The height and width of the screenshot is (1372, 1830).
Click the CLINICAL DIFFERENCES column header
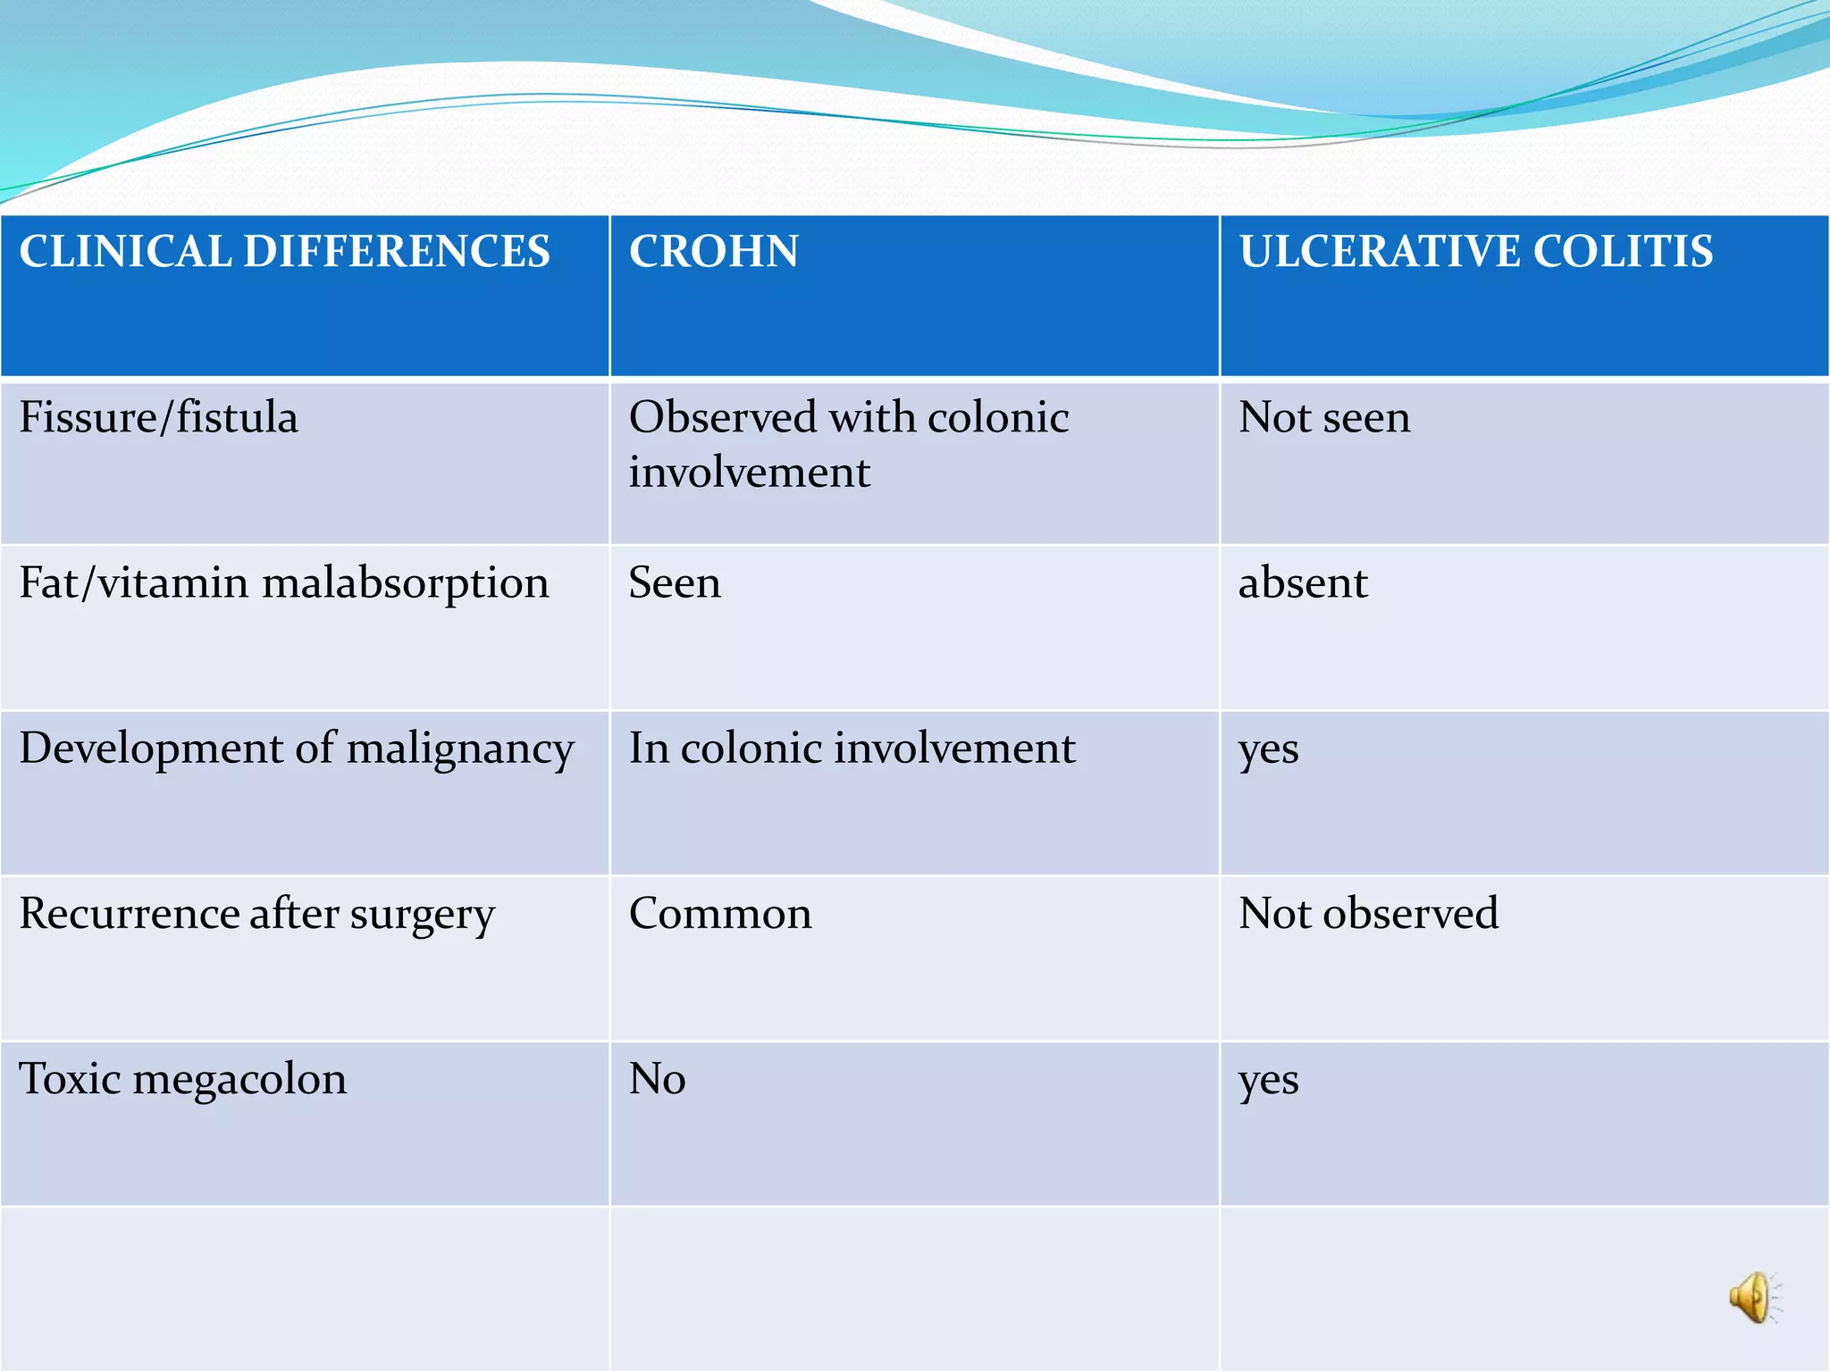(x=284, y=251)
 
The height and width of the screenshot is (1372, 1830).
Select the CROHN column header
(x=714, y=251)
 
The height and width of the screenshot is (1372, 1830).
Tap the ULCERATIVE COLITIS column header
(x=1476, y=251)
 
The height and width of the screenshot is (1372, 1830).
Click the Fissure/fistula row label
(x=159, y=417)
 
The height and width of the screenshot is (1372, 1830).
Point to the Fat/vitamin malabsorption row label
(x=284, y=583)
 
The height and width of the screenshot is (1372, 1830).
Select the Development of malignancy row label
(x=297, y=749)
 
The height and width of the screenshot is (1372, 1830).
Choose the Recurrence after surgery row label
(x=257, y=914)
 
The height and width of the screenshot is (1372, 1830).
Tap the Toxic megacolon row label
(x=183, y=1079)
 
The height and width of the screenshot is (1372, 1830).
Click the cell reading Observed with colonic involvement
(x=849, y=444)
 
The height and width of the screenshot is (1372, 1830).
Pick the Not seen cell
(x=1325, y=417)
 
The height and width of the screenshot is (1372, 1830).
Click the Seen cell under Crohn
(x=675, y=583)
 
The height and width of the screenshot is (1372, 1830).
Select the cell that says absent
(x=1303, y=583)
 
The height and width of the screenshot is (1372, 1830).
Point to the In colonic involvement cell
(x=852, y=749)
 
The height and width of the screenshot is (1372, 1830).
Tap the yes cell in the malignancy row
(x=1269, y=750)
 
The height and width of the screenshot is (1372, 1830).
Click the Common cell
(x=720, y=914)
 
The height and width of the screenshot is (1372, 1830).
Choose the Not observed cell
(x=1369, y=914)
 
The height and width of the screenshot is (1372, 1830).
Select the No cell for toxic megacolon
(x=658, y=1079)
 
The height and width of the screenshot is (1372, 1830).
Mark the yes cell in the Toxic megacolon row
(x=1269, y=1081)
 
